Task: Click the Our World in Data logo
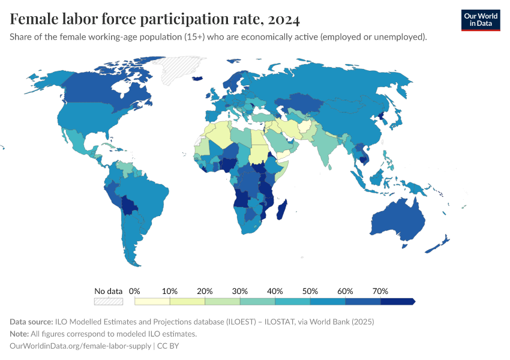480,20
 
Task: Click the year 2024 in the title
284,20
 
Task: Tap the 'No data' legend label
109,291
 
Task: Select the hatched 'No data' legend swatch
109,301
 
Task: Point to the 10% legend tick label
170,291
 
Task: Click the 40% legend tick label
275,291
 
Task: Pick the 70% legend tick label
380,291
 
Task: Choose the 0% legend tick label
134,291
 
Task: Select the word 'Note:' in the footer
20,334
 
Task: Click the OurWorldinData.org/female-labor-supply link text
80,346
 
